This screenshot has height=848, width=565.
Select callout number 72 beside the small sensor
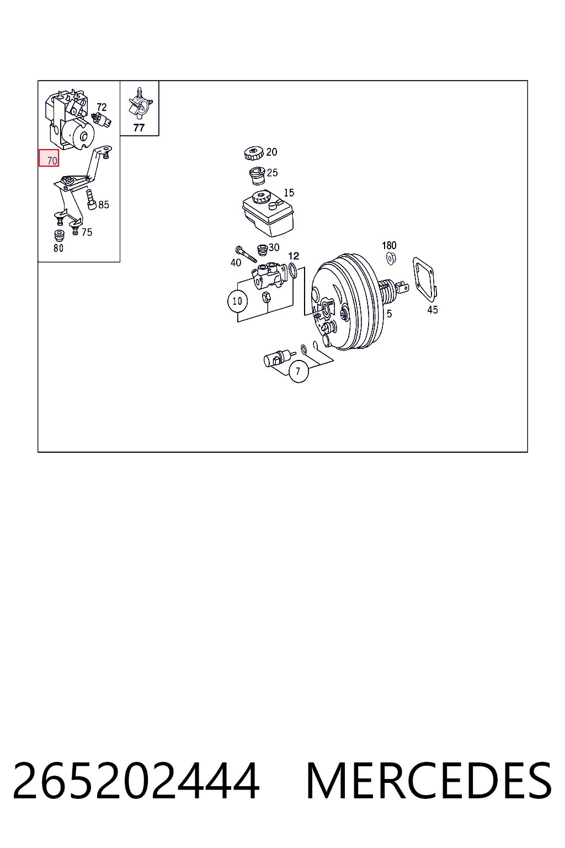[102, 107]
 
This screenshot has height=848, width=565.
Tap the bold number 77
[139, 128]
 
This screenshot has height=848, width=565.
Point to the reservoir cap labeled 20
[254, 153]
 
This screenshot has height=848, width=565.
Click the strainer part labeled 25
[257, 176]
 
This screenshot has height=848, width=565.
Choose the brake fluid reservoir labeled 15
[268, 214]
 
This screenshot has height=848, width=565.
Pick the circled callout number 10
[237, 301]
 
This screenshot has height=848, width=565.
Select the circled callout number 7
[299, 372]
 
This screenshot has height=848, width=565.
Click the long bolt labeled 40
[246, 254]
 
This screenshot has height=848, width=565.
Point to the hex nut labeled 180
[391, 259]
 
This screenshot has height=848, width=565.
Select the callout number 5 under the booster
[389, 314]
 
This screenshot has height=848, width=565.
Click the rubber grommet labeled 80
[59, 236]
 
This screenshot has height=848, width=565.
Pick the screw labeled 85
[92, 199]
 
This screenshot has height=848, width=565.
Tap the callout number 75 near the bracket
[87, 232]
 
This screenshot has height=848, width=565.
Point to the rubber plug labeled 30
[262, 250]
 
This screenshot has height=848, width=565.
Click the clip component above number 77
[140, 103]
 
